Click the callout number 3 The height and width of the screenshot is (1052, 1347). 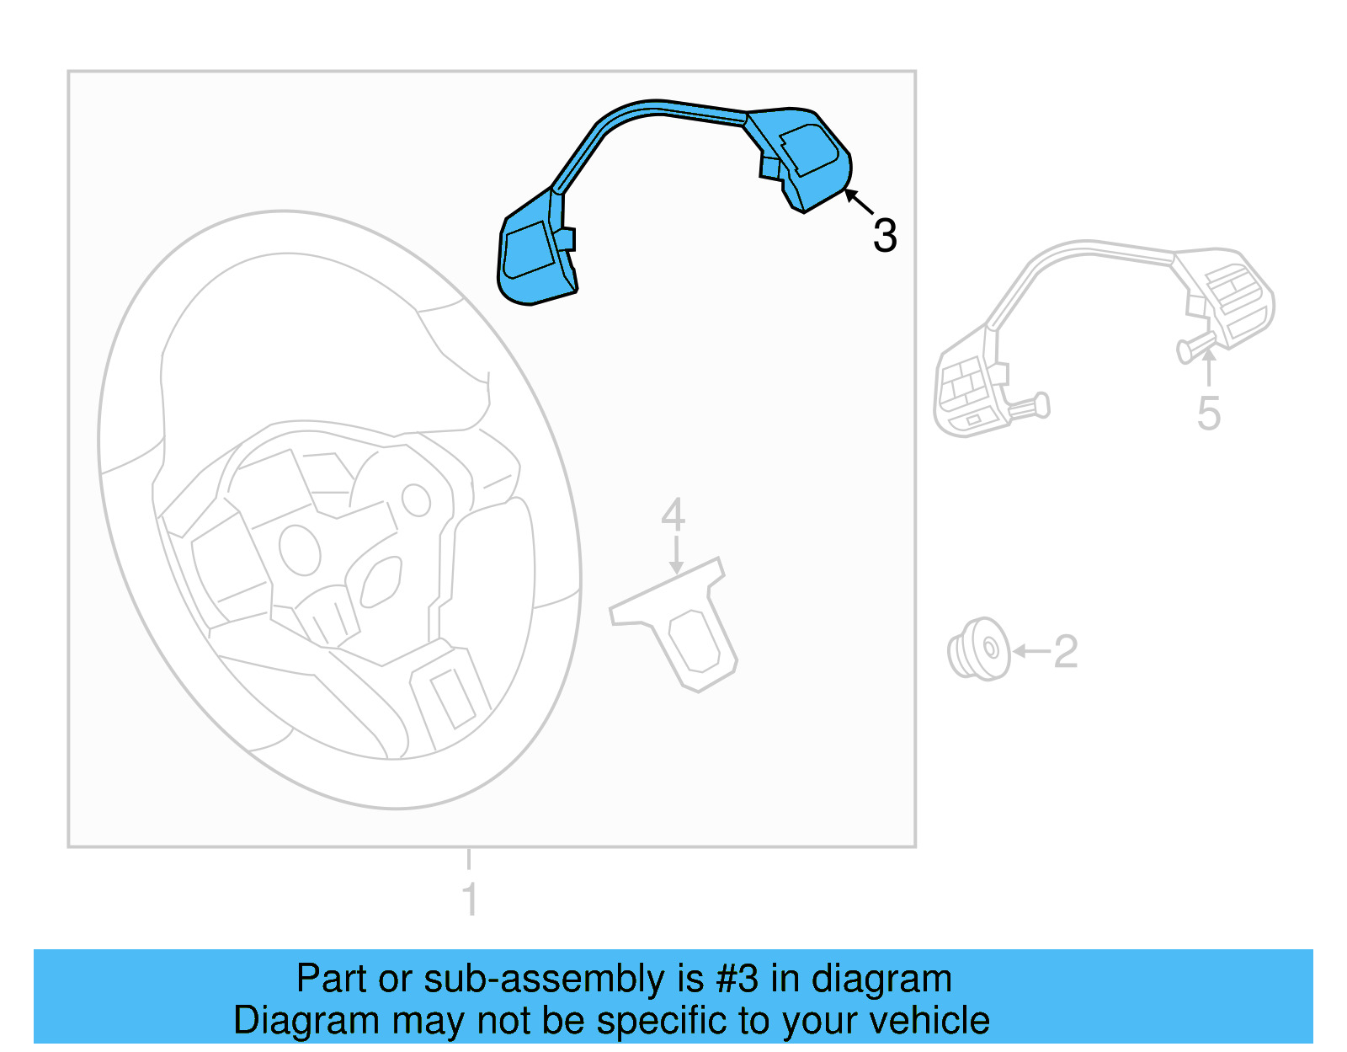click(x=885, y=235)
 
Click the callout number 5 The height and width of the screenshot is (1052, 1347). click(x=1208, y=414)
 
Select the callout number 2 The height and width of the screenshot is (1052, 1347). click(x=1065, y=651)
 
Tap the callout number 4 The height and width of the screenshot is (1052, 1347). click(x=673, y=515)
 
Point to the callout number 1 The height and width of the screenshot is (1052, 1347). click(x=470, y=899)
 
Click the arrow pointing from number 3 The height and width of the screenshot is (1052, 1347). click(x=859, y=201)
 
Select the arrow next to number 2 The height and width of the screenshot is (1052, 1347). click(x=1031, y=651)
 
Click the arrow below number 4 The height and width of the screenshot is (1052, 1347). click(x=675, y=555)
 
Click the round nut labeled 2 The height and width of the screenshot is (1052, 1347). click(x=978, y=649)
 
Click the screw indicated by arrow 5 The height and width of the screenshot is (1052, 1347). click(x=1195, y=347)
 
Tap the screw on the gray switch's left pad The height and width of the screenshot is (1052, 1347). click(x=1029, y=408)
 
